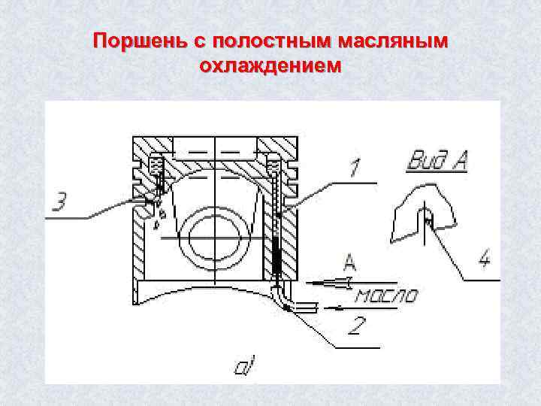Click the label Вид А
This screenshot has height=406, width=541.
point(438,160)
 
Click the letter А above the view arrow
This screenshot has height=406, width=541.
point(349,262)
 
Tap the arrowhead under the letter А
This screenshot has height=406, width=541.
point(342,282)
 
